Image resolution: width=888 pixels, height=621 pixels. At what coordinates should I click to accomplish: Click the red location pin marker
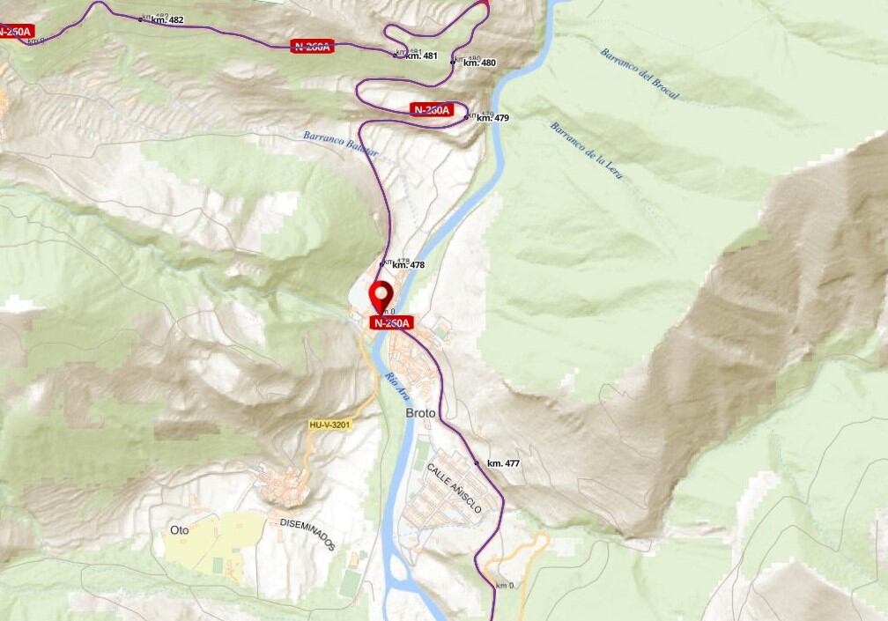pos(381,295)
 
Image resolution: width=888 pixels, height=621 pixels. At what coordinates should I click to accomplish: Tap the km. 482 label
pos(166,19)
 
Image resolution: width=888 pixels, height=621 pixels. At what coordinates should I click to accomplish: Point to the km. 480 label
pos(479,63)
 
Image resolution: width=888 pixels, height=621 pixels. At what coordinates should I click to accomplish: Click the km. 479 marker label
pos(492,117)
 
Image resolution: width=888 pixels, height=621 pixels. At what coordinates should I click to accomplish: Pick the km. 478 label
pos(408,264)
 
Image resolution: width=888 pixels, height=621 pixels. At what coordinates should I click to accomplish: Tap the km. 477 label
pos(503,463)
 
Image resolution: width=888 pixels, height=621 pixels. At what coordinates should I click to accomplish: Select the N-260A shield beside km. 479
pos(431,110)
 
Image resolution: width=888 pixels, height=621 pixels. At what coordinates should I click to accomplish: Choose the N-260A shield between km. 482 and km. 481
pos(312,46)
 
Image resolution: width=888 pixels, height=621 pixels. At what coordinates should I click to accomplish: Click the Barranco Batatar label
pos(340,144)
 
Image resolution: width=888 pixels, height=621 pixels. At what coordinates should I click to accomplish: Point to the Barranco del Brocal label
pos(640,78)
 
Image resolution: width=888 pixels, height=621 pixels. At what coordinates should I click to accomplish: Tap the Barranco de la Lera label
pos(587,150)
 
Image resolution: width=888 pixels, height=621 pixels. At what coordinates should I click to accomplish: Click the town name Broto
pos(420,413)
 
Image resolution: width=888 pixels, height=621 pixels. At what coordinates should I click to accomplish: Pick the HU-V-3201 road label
pos(330,425)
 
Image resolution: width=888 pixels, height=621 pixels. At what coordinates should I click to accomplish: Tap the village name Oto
pos(179,530)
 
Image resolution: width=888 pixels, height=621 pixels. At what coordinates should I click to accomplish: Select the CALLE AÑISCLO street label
pos(455,487)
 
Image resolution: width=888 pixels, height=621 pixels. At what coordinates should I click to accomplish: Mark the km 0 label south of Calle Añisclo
pos(505,586)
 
